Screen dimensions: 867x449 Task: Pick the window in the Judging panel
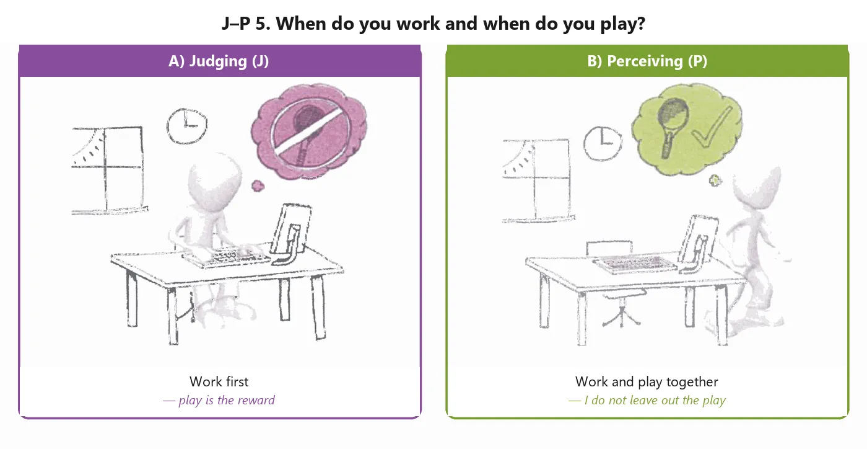(x=108, y=170)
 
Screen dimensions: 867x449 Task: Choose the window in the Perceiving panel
(x=538, y=180)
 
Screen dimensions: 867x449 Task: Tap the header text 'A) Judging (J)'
(x=219, y=61)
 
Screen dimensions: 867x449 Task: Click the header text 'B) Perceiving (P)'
(x=647, y=61)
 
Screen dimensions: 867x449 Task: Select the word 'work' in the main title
(x=418, y=24)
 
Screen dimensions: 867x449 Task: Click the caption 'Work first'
(x=219, y=381)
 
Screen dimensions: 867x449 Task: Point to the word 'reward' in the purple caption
(x=256, y=400)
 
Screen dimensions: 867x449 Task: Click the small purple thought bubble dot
(x=258, y=186)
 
